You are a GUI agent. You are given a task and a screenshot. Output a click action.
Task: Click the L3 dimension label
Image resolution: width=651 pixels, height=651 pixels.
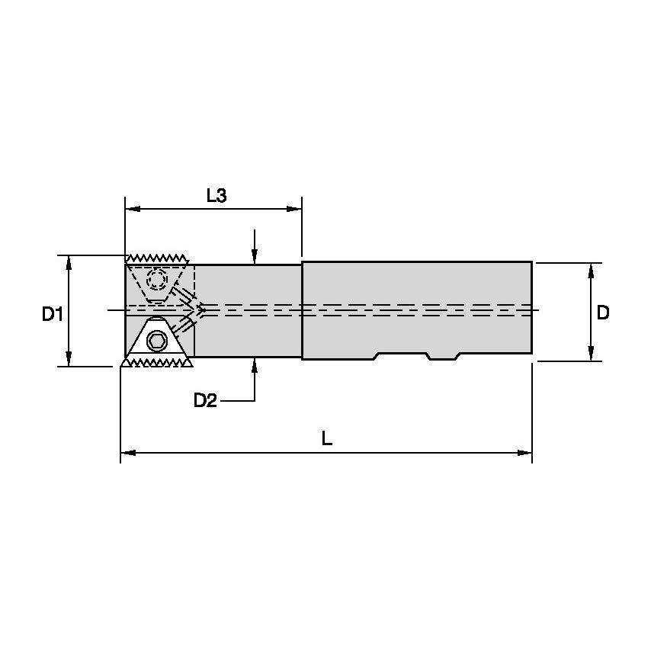point(216,196)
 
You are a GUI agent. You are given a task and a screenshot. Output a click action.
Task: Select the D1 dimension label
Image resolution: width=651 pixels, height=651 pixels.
point(53,313)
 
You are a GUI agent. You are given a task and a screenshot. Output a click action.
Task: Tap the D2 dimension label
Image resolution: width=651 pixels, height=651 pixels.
point(205,400)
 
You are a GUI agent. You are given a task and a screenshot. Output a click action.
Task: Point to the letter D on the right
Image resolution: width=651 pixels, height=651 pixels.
point(603,313)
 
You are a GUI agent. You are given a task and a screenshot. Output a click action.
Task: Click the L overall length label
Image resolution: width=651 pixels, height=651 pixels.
point(327,440)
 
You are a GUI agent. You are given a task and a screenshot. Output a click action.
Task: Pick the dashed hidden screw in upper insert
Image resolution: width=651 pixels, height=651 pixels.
point(158,279)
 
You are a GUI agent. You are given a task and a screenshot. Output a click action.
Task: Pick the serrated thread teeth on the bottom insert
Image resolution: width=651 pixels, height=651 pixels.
point(157,364)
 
